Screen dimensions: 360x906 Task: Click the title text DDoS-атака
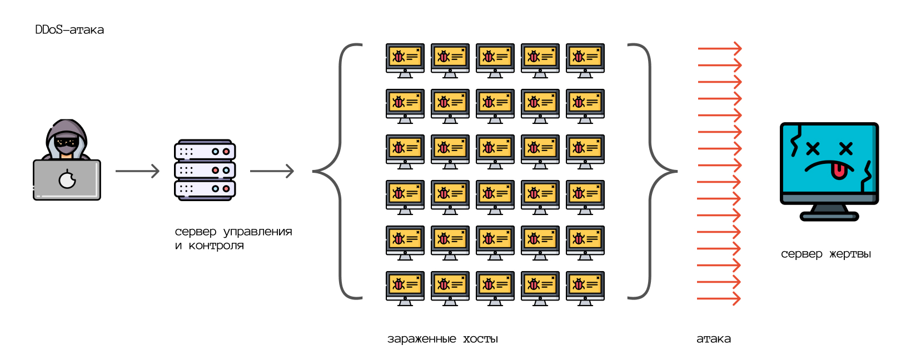[x=69, y=30]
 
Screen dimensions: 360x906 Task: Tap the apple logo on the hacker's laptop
[x=67, y=179]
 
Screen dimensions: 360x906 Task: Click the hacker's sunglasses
[x=67, y=143]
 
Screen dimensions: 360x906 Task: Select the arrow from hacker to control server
[x=137, y=171]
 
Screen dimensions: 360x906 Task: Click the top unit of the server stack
[x=205, y=151]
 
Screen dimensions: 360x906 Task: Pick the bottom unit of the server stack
[x=205, y=189]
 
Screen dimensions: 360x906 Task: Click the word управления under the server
[x=257, y=232]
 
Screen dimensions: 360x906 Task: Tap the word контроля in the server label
[x=216, y=246]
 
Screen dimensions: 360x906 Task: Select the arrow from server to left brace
[x=271, y=171]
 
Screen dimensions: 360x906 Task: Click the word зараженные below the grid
[x=421, y=339]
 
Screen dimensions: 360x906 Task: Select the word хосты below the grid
[x=480, y=339]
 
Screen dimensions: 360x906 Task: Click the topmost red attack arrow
[x=719, y=49]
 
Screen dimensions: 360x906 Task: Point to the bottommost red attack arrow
[x=719, y=299]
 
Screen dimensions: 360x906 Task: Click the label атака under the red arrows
[x=714, y=339]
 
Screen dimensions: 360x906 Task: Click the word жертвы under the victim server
[x=850, y=254]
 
